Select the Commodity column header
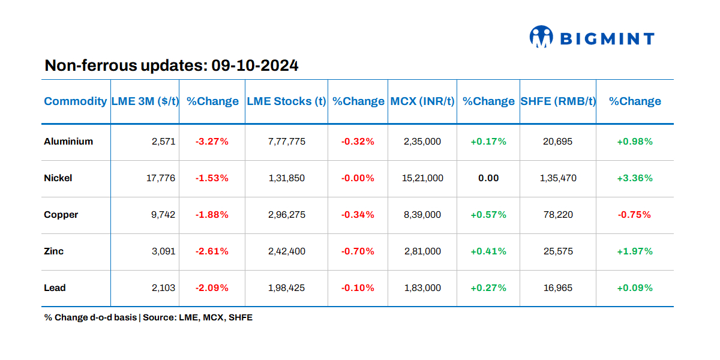pos(75,101)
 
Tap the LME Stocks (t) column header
pos(286,101)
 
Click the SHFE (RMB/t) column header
pos(558,101)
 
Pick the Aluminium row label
pos(68,142)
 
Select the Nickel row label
pos(58,178)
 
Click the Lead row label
pos(55,288)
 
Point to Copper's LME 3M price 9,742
pos(163,215)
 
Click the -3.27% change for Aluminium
pos(212,142)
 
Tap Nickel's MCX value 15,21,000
pos(423,178)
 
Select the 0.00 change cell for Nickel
pos(488,178)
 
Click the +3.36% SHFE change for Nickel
pos(634,178)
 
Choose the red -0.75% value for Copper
pos(634,215)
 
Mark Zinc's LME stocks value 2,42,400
pos(286,251)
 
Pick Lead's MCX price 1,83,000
pos(422,288)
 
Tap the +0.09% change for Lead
pos(634,288)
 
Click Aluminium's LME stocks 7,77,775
pos(286,142)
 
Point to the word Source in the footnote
pos(158,317)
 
